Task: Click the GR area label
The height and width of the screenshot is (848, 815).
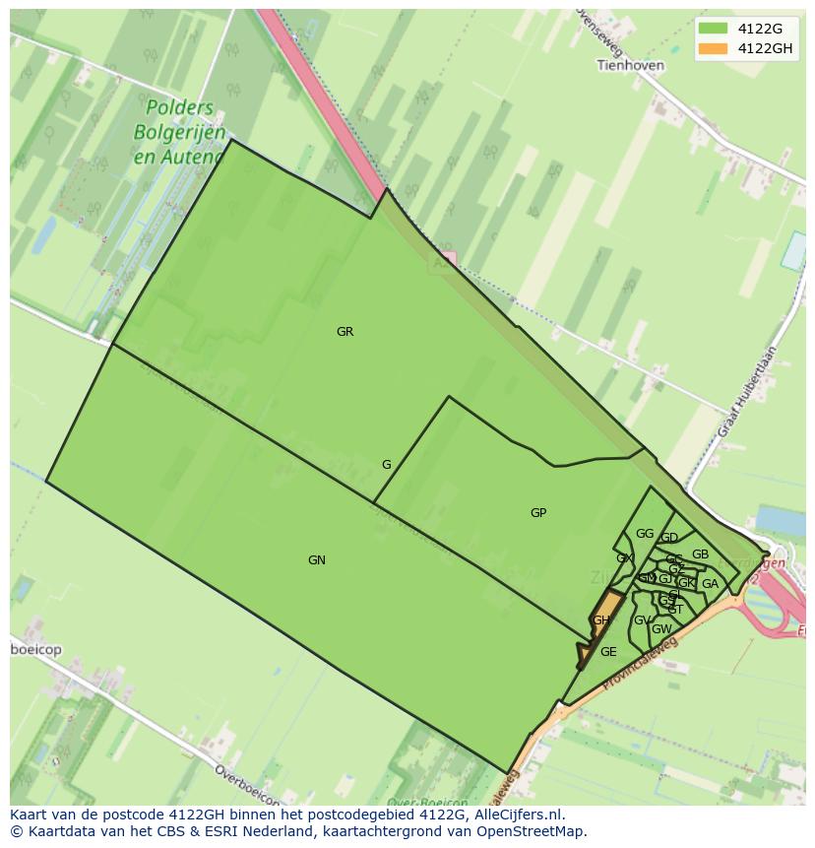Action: click(345, 332)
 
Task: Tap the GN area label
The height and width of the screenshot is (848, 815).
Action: click(316, 560)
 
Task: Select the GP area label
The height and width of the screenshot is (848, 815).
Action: click(538, 513)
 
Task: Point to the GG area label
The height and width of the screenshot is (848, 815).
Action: click(645, 534)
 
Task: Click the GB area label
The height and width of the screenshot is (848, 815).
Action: click(700, 554)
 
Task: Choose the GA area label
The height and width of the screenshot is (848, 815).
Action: click(710, 584)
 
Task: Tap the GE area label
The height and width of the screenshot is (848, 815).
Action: click(608, 652)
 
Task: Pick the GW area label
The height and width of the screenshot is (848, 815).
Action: click(661, 629)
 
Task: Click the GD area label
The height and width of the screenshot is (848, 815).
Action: click(669, 538)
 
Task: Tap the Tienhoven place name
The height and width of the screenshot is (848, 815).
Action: click(630, 66)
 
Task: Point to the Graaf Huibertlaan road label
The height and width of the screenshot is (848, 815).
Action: click(747, 391)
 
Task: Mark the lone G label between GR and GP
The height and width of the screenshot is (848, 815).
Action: click(387, 465)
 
